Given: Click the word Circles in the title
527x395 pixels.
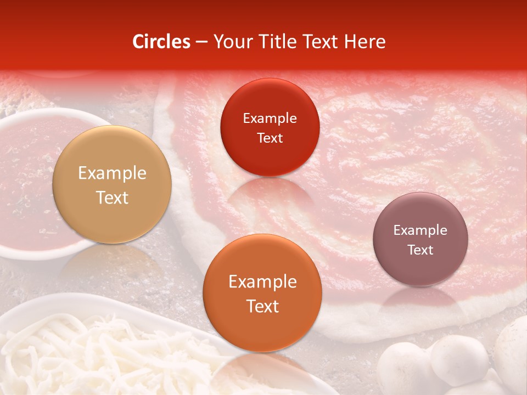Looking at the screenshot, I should coord(161,42).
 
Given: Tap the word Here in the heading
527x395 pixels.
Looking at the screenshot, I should coord(364,42).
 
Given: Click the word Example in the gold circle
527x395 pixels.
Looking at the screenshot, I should coord(112,173).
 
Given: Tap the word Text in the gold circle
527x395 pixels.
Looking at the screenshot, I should coord(112,198).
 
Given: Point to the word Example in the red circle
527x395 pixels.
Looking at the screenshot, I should coord(270,119).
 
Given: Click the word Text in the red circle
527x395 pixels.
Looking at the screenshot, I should coord(270,138).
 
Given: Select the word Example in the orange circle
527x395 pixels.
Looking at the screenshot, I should coord(262,282).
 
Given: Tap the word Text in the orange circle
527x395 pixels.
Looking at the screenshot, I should coord(262,306).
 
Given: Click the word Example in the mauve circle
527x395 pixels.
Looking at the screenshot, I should coord(421,230).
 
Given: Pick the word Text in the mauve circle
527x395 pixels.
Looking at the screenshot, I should coord(421,250).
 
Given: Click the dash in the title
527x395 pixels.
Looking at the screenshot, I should coord(201,42).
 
